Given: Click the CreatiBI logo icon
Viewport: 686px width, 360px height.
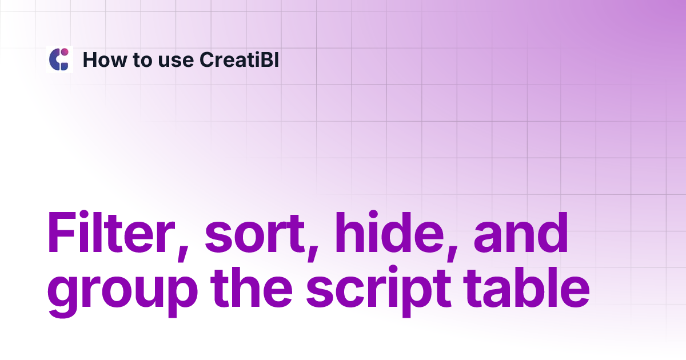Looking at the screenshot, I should (x=59, y=59).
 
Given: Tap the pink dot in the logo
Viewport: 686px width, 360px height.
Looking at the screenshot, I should (x=65, y=53).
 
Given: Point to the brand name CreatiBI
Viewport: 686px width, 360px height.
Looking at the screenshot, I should (x=239, y=59).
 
